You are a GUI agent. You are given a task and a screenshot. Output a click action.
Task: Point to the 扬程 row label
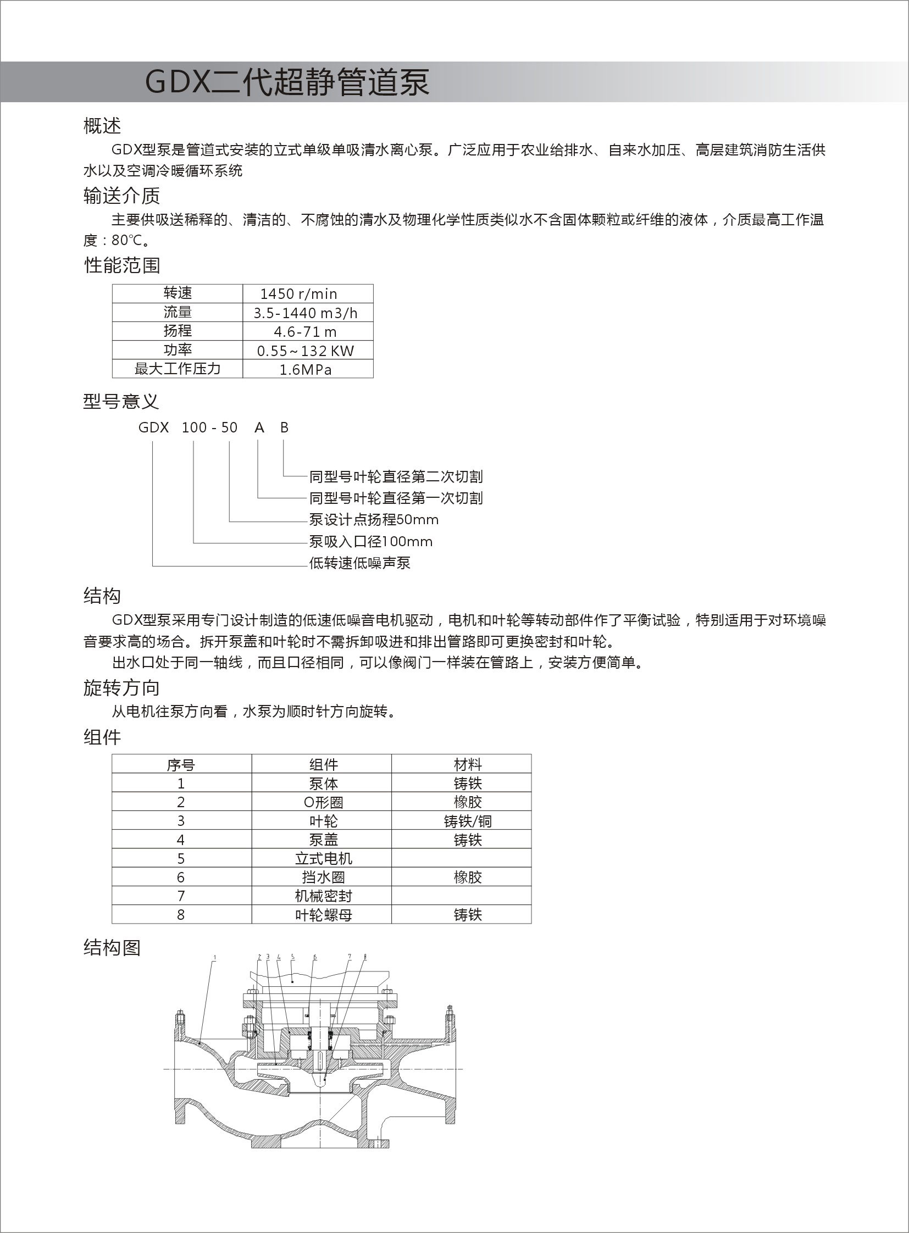tap(177, 331)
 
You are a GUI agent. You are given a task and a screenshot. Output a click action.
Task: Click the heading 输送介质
tap(121, 196)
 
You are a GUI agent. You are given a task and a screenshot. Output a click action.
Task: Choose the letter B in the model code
tap(284, 428)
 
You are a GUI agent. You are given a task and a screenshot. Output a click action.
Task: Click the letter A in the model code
tap(259, 428)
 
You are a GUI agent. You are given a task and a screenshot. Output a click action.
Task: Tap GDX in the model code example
tap(153, 428)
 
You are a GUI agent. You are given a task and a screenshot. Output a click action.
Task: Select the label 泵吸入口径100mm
tap(370, 542)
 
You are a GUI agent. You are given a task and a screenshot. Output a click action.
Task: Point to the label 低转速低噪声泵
tap(360, 563)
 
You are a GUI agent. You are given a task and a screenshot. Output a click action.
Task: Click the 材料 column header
tap(468, 764)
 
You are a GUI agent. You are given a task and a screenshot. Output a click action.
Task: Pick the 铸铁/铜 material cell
tap(468, 821)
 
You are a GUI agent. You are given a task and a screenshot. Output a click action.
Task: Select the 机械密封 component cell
tap(323, 896)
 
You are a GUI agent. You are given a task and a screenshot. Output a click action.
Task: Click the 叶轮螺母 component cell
tap(323, 915)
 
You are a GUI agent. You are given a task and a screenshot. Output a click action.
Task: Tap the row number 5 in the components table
tap(180, 859)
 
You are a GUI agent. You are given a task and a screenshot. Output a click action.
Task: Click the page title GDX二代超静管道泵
tap(287, 82)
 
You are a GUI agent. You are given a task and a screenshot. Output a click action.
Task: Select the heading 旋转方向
tap(121, 688)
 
